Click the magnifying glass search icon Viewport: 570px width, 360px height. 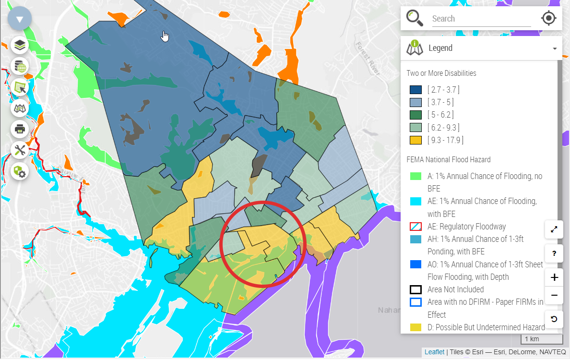point(415,18)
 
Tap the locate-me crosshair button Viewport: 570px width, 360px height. point(548,18)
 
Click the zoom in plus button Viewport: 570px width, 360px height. point(554,277)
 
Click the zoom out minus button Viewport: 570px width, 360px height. point(554,295)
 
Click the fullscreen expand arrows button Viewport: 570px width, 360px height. point(554,229)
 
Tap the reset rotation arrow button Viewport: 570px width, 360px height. point(554,319)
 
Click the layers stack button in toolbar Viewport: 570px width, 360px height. point(20,46)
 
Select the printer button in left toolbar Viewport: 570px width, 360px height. point(20,129)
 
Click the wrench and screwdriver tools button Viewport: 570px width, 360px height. point(20,150)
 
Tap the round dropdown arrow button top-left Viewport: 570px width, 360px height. point(20,20)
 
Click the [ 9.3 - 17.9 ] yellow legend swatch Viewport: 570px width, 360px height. point(416,140)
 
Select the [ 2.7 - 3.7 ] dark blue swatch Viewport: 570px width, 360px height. point(416,90)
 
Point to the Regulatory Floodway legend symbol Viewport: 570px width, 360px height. point(416,227)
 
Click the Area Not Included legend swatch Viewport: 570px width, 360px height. point(416,289)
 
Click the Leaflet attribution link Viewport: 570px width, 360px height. point(434,352)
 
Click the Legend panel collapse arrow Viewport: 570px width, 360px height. point(555,48)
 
